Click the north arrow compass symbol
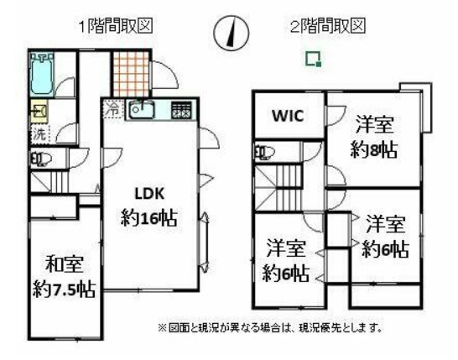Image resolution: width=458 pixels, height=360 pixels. click(232, 32)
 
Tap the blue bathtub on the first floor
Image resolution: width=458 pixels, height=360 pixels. click(42, 74)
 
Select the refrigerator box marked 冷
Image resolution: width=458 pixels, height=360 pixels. click(112, 109)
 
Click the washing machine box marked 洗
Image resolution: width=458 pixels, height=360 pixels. click(40, 133)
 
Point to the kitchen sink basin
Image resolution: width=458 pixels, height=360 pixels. click(142, 110)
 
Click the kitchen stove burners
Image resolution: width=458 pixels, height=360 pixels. click(181, 110)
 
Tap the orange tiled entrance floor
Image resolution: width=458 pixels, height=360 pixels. click(131, 74)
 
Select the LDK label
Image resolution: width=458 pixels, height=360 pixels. click(149, 193)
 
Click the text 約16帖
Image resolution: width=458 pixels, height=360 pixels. click(149, 217)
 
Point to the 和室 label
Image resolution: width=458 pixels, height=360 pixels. click(65, 264)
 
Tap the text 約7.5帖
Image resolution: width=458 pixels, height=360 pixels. click(65, 289)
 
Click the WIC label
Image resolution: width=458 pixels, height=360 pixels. click(288, 116)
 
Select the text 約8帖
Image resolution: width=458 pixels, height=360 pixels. click(373, 149)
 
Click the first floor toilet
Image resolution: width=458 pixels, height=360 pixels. click(41, 159)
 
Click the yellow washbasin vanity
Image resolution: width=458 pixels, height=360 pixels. click(39, 112)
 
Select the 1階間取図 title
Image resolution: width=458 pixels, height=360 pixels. click(117, 26)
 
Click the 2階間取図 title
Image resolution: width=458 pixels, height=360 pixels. click(328, 25)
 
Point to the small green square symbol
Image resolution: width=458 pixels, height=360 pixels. click(314, 59)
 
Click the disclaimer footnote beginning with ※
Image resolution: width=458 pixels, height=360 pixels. click(270, 328)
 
